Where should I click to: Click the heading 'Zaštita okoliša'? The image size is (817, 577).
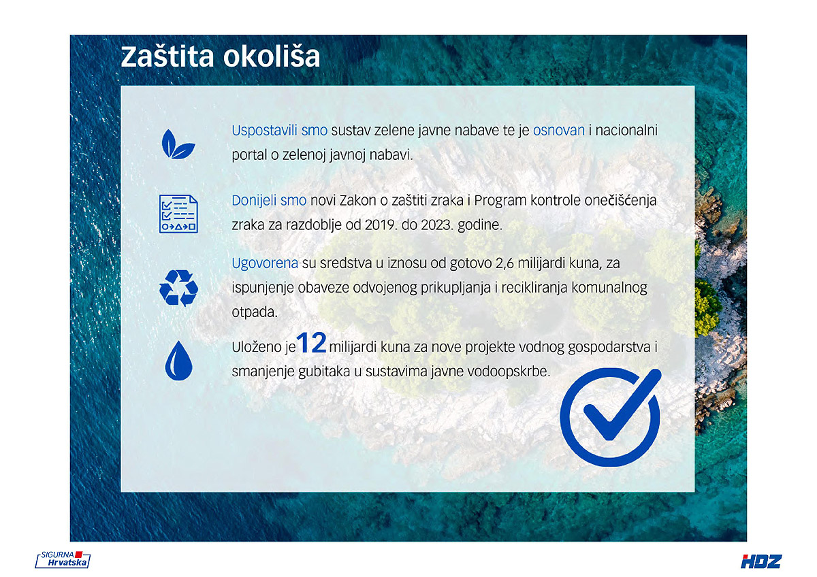click(221, 56)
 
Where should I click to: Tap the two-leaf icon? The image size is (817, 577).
click(178, 144)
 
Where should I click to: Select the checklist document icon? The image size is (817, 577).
click(178, 214)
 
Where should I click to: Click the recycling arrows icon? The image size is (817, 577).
click(178, 288)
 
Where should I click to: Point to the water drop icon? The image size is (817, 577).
click(178, 361)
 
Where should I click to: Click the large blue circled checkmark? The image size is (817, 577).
click(610, 417)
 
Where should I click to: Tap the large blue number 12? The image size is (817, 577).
click(311, 343)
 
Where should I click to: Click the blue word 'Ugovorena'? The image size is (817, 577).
click(265, 263)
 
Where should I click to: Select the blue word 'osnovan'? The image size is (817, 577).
click(559, 131)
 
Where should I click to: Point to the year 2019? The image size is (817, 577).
click(381, 225)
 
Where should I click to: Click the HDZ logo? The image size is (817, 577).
click(761, 561)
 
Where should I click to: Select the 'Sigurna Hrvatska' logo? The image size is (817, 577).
click(63, 559)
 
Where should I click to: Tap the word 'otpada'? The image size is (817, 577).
click(255, 312)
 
